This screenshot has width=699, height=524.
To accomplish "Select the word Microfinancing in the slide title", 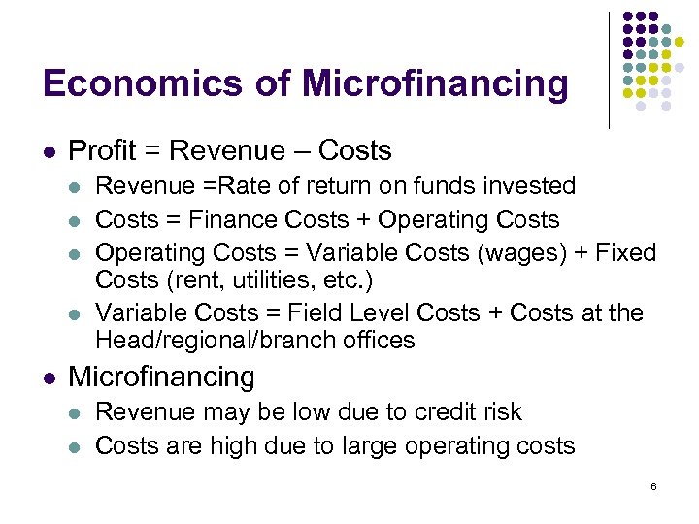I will click(434, 83).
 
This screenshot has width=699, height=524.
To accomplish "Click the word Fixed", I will click(623, 253).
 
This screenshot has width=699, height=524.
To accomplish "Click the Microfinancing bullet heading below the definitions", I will click(161, 377).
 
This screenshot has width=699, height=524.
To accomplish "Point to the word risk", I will click(497, 412).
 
